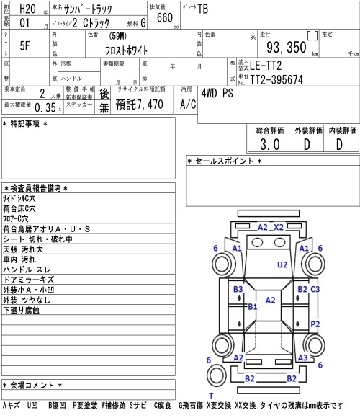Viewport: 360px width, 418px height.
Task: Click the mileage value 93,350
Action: [287, 47]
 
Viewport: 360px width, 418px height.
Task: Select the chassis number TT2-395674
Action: [276, 79]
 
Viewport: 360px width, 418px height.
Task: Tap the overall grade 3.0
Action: [270, 144]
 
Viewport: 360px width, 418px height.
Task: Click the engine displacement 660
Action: [165, 17]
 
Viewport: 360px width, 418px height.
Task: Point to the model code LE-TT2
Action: [266, 66]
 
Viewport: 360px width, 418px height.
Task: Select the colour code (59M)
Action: [117, 36]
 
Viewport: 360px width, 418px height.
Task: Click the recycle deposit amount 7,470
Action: [150, 104]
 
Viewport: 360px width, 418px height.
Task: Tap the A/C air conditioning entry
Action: [188, 104]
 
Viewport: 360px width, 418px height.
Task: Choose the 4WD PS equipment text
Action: [217, 93]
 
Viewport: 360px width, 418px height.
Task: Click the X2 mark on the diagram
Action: [279, 227]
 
